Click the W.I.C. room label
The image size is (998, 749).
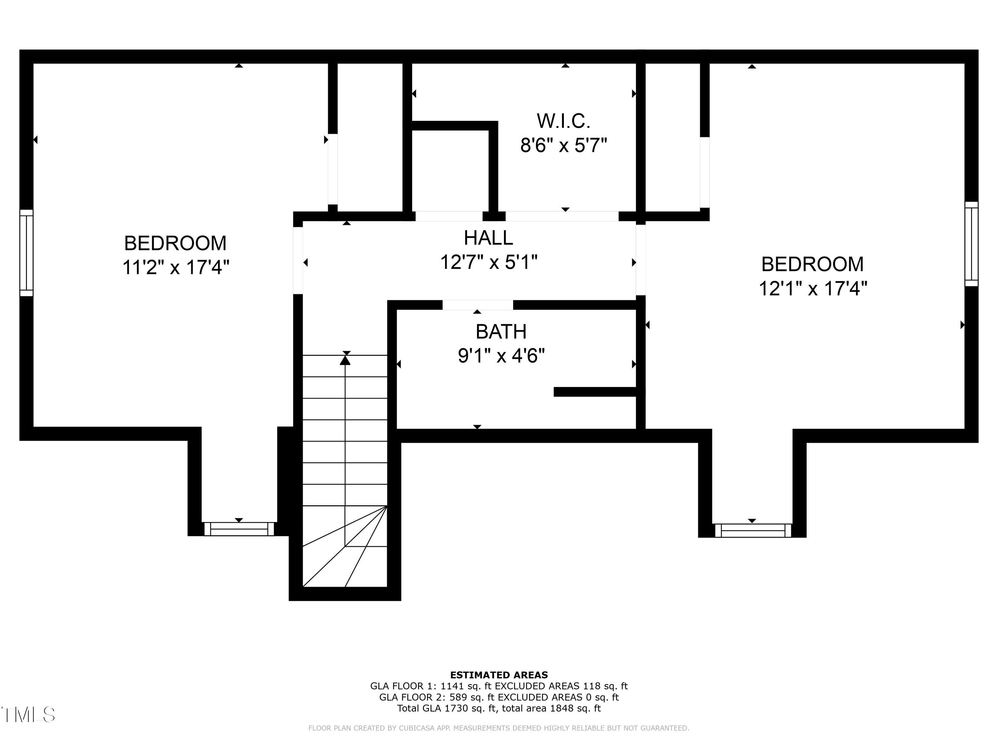tap(564, 121)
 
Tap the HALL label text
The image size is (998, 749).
tap(489, 238)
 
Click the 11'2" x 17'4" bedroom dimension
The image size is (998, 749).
tap(176, 267)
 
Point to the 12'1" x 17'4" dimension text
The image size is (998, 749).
tap(813, 288)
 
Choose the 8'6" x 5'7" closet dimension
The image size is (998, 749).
tap(564, 145)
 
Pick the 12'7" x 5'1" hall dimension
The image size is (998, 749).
tap(489, 262)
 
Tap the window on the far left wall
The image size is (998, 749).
tap(27, 253)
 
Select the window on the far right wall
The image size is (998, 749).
tap(971, 244)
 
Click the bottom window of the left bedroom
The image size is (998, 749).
tap(239, 529)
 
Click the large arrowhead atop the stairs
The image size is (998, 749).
tap(345, 360)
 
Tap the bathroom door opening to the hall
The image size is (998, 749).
tap(478, 305)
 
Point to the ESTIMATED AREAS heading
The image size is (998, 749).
tap(499, 675)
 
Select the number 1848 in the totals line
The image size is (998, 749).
tap(562, 708)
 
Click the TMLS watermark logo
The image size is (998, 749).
tap(28, 715)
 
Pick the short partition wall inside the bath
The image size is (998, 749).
tap(595, 392)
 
